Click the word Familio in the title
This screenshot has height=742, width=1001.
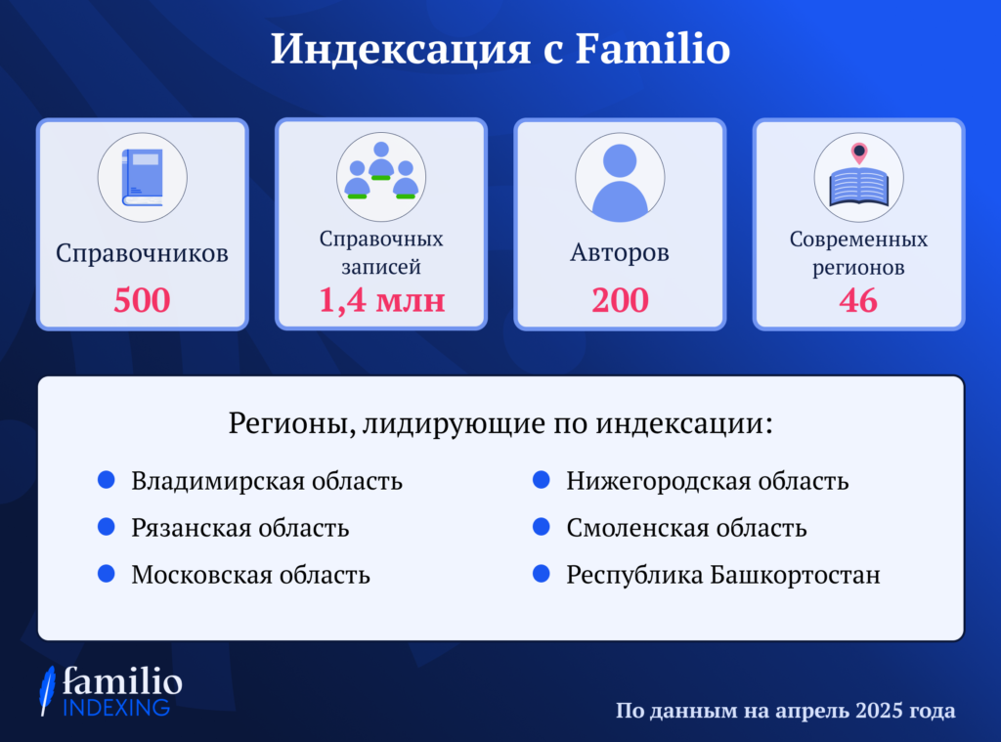tap(652, 49)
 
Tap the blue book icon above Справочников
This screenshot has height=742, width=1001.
tap(143, 177)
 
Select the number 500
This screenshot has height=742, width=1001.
tap(142, 300)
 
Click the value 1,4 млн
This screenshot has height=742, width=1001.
tap(382, 300)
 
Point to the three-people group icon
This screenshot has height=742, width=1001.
tap(381, 170)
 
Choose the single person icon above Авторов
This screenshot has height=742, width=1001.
tap(620, 182)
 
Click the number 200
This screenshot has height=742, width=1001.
tap(620, 300)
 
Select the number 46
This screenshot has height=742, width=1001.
tap(858, 300)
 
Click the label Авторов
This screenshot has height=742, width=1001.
tap(620, 253)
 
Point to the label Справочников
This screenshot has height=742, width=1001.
tap(142, 254)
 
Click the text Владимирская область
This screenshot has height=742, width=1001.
tap(267, 482)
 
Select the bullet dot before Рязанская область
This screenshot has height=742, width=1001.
tap(107, 527)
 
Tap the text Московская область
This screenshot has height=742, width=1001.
tap(251, 575)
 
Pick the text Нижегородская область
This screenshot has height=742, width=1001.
tap(708, 482)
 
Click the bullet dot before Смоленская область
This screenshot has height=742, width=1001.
tap(542, 527)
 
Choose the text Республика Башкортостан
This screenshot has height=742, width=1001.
tap(723, 576)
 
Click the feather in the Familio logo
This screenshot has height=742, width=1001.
tap(47, 690)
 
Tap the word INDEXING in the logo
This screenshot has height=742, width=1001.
tap(116, 708)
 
